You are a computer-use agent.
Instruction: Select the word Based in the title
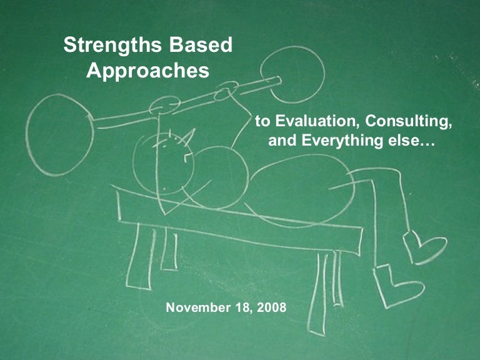click(201, 45)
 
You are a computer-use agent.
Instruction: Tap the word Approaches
click(147, 70)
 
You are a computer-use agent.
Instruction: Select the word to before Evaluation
click(262, 120)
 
